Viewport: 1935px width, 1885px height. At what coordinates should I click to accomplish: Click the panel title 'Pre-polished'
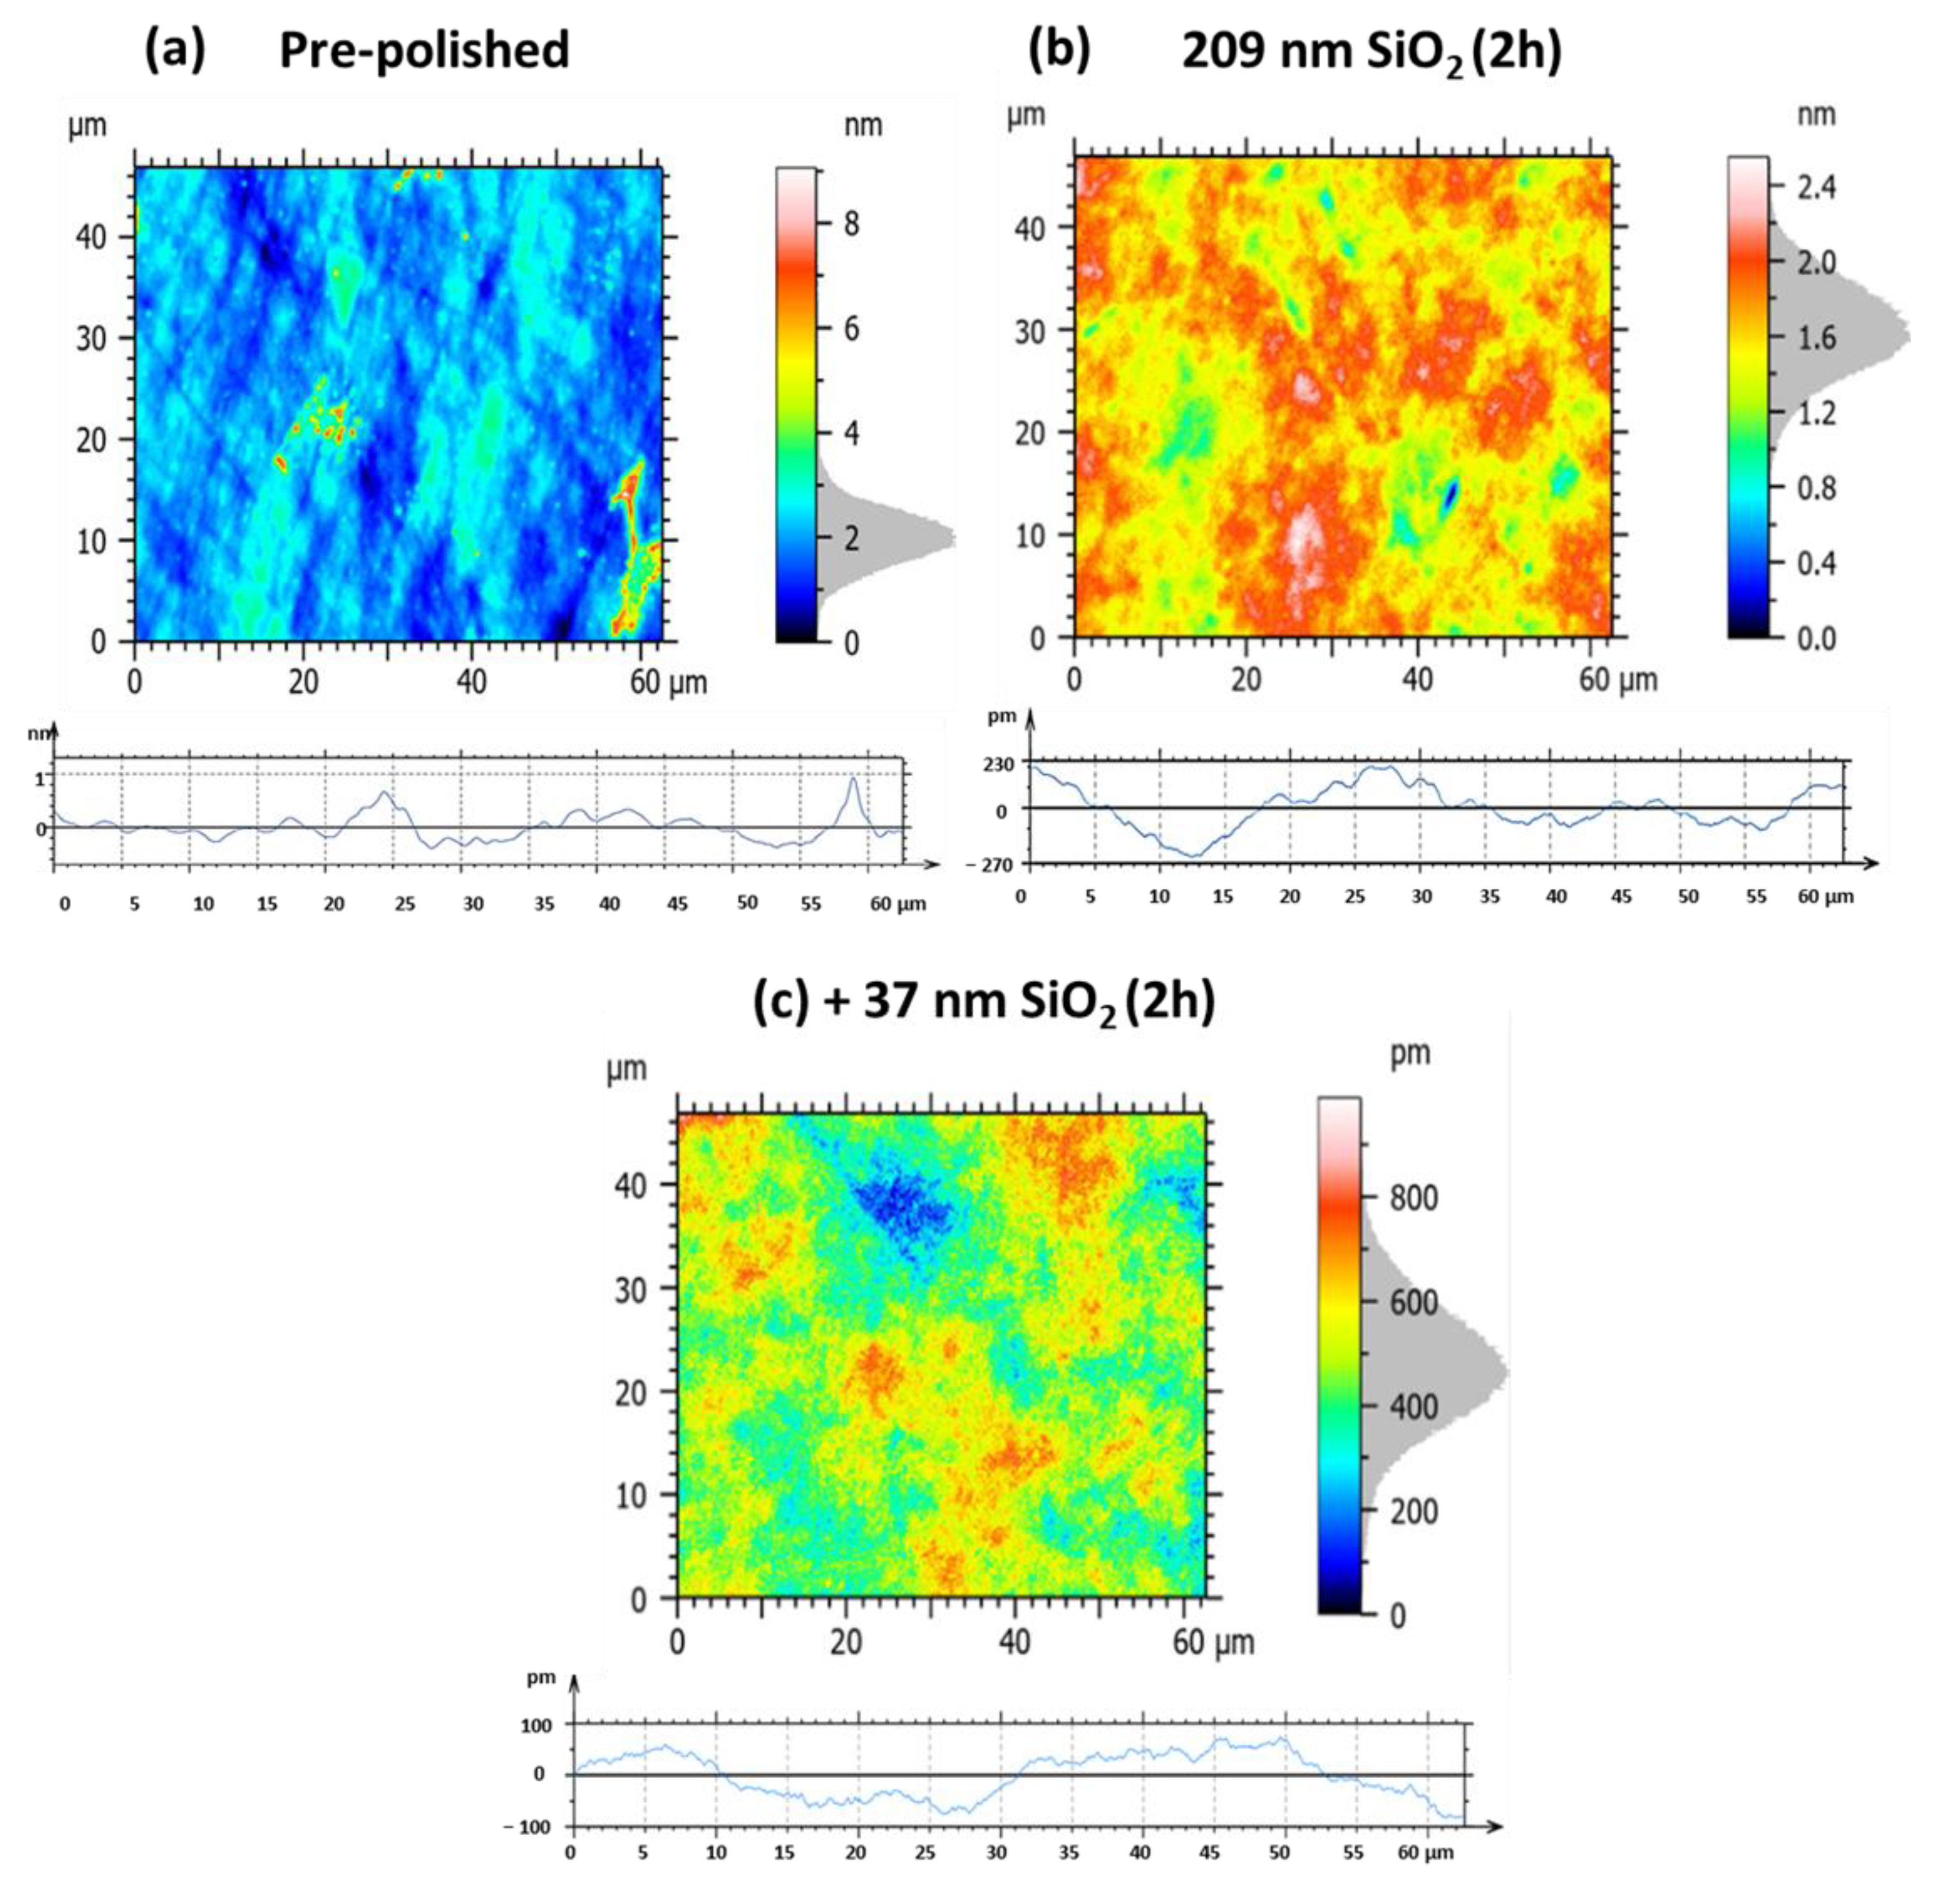[424, 49]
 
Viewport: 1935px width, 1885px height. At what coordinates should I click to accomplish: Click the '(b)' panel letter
[1060, 49]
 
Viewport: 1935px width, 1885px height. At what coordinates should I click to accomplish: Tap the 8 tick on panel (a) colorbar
[850, 225]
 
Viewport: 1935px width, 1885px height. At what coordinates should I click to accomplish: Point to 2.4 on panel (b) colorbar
[1816, 186]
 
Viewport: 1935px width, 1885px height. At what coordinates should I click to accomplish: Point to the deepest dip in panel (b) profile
[1194, 855]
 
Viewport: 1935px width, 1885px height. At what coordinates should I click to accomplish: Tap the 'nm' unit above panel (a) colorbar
[863, 126]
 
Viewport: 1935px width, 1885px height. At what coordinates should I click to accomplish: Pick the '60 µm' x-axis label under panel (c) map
[1213, 1642]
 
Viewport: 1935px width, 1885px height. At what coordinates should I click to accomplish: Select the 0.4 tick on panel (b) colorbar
[1816, 562]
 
